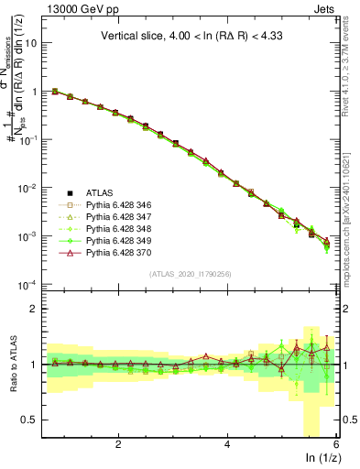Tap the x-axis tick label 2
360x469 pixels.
[x=118, y=444]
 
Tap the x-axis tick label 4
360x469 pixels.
[x=227, y=444]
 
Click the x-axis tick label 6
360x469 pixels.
[x=335, y=444]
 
